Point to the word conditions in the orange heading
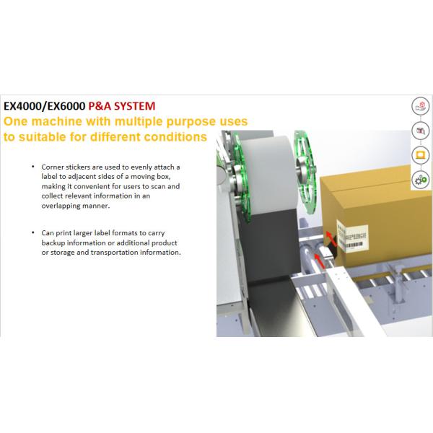point(170,136)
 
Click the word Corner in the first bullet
point(53,167)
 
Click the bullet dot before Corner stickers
point(32,167)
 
